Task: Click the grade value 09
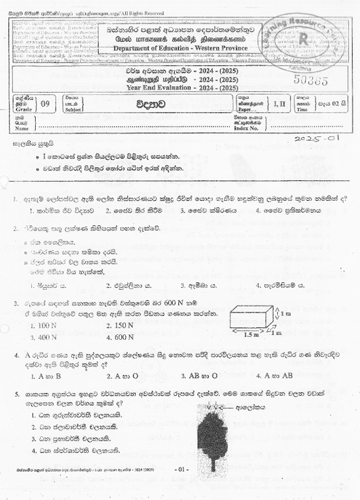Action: (44, 103)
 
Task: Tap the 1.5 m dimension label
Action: (250, 335)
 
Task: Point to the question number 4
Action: (17, 355)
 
